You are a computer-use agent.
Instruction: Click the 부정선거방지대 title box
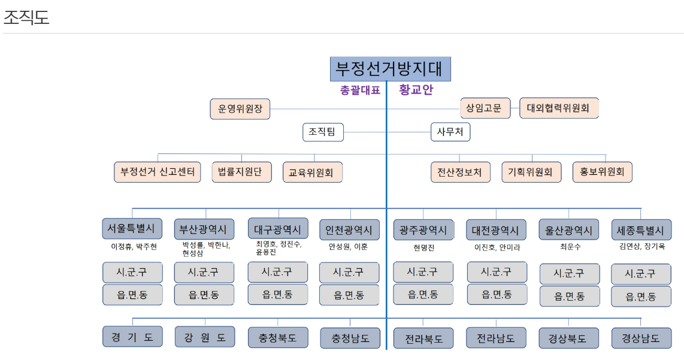point(390,69)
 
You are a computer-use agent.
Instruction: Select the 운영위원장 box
point(240,109)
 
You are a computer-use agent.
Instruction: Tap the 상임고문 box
point(485,108)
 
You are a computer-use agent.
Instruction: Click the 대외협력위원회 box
point(558,108)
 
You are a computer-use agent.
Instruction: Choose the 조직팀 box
point(323,132)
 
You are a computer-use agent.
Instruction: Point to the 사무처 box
point(450,132)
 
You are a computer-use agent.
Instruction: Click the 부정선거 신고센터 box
point(158,172)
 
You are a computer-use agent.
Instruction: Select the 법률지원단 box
point(241,172)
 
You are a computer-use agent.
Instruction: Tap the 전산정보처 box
point(461,172)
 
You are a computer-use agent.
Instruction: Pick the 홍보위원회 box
point(602,172)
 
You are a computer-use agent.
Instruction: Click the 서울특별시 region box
point(132,229)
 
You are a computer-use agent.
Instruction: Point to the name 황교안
point(416,90)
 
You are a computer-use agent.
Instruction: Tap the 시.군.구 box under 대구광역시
point(277,271)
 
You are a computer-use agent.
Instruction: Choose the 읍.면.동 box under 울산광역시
point(568,296)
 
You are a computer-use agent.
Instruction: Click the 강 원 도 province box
point(205,337)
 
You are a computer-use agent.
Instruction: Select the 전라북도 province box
point(423,338)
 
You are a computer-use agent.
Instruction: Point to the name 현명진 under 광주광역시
point(423,247)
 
